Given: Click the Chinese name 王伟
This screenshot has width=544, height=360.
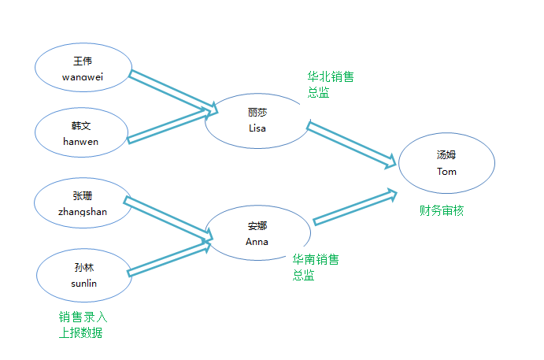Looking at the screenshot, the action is (x=83, y=61).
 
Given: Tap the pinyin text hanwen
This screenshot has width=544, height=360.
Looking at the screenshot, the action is (x=80, y=142).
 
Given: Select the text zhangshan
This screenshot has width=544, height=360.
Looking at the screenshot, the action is (x=83, y=212).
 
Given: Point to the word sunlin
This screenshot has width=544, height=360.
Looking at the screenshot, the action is (x=83, y=284).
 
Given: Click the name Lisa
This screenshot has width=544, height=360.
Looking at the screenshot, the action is (x=257, y=128).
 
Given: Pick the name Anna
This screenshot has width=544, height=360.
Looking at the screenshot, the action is (x=257, y=242).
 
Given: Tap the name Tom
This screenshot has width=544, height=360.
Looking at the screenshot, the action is (x=446, y=172).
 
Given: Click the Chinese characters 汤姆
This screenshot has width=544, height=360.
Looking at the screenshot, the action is (x=446, y=155).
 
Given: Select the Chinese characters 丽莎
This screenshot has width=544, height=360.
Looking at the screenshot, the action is (x=257, y=113).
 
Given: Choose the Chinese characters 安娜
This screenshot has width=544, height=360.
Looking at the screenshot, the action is (x=257, y=226).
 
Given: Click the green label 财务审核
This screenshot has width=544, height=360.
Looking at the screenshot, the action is (x=442, y=210).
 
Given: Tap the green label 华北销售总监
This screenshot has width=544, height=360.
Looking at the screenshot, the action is (x=331, y=84).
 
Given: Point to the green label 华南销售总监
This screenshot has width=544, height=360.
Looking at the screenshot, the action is (x=316, y=267).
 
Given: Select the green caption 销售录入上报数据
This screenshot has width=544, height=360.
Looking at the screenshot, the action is (x=83, y=325).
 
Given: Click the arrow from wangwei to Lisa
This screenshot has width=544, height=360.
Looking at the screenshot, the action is (x=173, y=91).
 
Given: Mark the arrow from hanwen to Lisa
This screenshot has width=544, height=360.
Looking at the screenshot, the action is (x=169, y=126).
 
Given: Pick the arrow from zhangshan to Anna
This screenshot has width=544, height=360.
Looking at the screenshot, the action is (x=168, y=219).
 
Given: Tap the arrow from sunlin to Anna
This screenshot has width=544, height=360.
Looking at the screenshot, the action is (x=169, y=258).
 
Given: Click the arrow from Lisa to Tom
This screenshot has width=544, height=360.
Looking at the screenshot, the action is (x=351, y=145).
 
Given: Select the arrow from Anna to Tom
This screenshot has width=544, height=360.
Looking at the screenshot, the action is (x=355, y=207).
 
